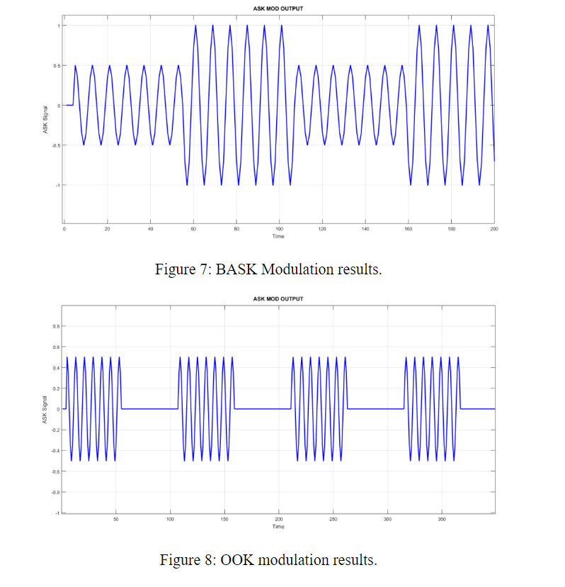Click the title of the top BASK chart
click(278, 9)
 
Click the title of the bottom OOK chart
click(278, 299)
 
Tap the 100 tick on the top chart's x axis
click(279, 230)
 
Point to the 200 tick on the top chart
click(493, 230)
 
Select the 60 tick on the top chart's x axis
click(193, 230)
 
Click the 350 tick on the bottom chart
click(442, 520)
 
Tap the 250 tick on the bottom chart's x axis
click(333, 520)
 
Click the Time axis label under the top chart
click(278, 237)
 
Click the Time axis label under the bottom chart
click(278, 527)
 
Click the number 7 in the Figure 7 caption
click(209, 270)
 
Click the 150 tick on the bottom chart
click(224, 520)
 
